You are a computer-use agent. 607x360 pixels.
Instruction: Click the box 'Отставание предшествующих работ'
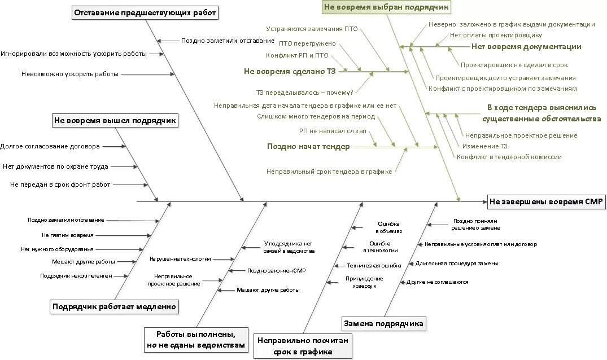pos(146,14)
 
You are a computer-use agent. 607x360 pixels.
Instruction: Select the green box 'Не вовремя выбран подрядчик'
pos(386,7)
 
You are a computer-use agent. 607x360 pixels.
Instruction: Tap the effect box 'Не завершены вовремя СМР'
pos(546,201)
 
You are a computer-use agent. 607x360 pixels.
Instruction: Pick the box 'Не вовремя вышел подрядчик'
pos(115,120)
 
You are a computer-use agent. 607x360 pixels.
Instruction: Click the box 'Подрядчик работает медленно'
pos(114,307)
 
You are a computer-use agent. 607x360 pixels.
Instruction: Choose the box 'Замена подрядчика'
pos(384,323)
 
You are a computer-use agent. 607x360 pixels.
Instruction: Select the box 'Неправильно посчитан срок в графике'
pos(303,346)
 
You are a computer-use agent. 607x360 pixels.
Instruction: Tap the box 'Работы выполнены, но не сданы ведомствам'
pos(196,339)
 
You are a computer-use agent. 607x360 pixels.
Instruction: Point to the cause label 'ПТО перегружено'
pos(307,43)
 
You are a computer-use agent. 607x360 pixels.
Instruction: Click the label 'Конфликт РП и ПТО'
pos(297,55)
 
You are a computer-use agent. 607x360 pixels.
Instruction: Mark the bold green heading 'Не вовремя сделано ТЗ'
pos(290,72)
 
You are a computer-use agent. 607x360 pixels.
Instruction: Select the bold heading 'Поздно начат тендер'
pos(308,146)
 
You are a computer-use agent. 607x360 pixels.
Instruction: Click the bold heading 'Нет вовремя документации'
pos(526,47)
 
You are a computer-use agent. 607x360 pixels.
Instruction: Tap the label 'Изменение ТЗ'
pos(484,146)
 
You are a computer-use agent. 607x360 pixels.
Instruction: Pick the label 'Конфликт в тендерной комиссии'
pos(509,157)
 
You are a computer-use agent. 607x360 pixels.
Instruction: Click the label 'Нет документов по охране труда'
pos(55,166)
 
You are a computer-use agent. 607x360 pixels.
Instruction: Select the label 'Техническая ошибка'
pos(374,265)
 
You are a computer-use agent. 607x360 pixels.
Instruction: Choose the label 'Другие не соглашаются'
pos(437,282)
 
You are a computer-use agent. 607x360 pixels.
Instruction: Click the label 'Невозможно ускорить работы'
pos(70,74)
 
